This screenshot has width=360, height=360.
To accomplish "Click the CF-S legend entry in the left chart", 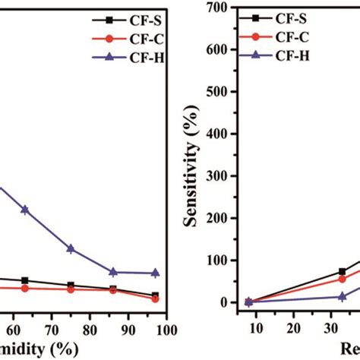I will pos(145,18).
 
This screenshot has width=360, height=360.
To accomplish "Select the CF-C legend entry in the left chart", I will pos(145,37).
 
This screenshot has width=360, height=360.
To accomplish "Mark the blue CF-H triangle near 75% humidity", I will pos(71,248).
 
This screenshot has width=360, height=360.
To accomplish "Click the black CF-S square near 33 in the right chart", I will pos(342,271).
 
